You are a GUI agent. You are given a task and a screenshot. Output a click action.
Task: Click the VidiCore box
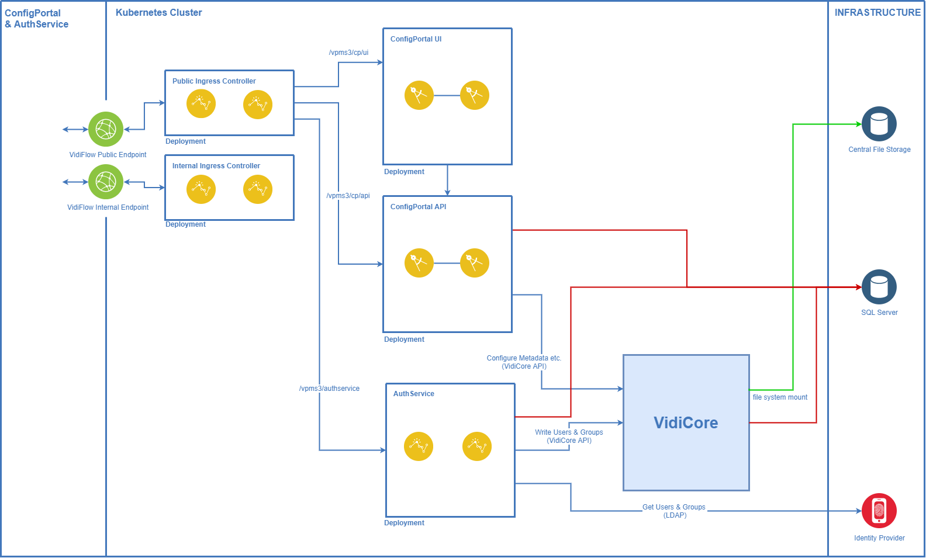point(686,422)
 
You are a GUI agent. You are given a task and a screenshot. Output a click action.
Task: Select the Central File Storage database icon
point(879,124)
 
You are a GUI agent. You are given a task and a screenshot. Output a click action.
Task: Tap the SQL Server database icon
point(879,287)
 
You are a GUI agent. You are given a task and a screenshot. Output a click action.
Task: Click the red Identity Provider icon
point(879,511)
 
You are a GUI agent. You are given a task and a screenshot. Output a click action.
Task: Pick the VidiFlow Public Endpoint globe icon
point(106,129)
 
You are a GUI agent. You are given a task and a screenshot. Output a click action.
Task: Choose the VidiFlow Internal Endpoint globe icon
point(106,182)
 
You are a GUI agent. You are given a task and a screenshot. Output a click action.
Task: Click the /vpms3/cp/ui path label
point(348,53)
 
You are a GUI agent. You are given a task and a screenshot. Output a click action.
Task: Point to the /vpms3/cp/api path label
point(348,196)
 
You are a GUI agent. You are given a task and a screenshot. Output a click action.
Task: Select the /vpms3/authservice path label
point(329,389)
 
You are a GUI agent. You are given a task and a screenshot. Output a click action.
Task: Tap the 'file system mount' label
point(780,397)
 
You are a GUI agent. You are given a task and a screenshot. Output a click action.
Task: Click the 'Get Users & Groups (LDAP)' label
point(674,511)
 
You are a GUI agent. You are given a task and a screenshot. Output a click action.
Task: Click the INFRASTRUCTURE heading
point(877,12)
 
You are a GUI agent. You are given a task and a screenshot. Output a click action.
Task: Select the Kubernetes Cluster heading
point(158,12)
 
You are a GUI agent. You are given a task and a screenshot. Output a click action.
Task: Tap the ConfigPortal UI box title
point(416,39)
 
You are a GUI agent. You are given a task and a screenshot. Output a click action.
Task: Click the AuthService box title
point(413,394)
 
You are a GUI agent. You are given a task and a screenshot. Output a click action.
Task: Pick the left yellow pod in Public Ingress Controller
point(201,104)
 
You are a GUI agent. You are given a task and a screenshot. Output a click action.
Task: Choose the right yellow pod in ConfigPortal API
point(474,263)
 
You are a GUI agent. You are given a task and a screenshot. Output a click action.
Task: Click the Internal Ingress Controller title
point(216,166)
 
